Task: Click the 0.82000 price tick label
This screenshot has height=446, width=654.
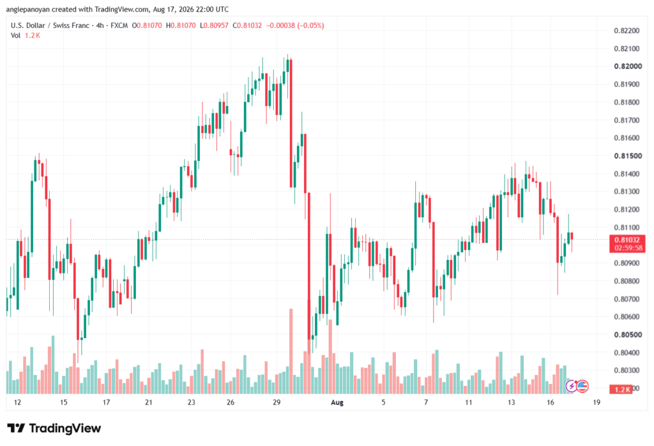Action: [x=628, y=66]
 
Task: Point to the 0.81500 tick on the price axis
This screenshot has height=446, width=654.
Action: [x=628, y=156]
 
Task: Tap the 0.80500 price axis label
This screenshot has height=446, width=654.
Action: [x=628, y=335]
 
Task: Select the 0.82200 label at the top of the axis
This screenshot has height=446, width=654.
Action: [x=627, y=31]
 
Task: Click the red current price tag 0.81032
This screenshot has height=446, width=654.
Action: [x=627, y=240]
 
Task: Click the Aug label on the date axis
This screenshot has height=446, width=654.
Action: [x=337, y=403]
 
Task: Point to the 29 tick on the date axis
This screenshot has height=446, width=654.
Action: [x=277, y=403]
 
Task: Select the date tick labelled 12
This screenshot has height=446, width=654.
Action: [x=17, y=403]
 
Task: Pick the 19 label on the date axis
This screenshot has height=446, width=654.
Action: [x=597, y=403]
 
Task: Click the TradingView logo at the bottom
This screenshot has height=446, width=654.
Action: [x=54, y=429]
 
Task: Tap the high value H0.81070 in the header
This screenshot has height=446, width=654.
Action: [x=181, y=26]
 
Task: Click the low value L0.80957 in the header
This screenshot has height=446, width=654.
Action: [x=214, y=26]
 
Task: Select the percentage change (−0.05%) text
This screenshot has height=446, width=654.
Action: [x=310, y=26]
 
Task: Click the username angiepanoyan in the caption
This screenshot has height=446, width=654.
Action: [x=28, y=10]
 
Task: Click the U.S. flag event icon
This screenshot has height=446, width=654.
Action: [x=582, y=387]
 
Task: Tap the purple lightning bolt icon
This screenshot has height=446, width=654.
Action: [x=572, y=387]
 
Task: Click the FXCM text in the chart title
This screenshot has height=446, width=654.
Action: [x=119, y=26]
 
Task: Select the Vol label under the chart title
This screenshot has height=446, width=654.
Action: [x=15, y=36]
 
